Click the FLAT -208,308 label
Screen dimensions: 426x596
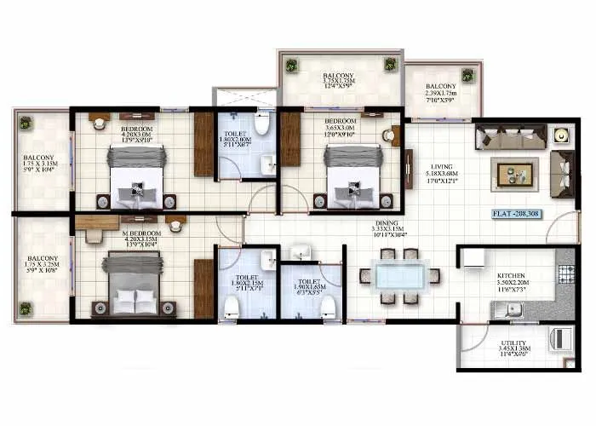[x=519, y=214]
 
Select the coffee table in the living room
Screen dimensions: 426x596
[x=513, y=174]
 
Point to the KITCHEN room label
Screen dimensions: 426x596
[x=513, y=277]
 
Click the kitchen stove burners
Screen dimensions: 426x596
[x=566, y=274]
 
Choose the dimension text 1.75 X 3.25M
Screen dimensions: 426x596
[x=42, y=265]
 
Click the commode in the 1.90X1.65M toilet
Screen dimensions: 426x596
[x=327, y=309]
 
